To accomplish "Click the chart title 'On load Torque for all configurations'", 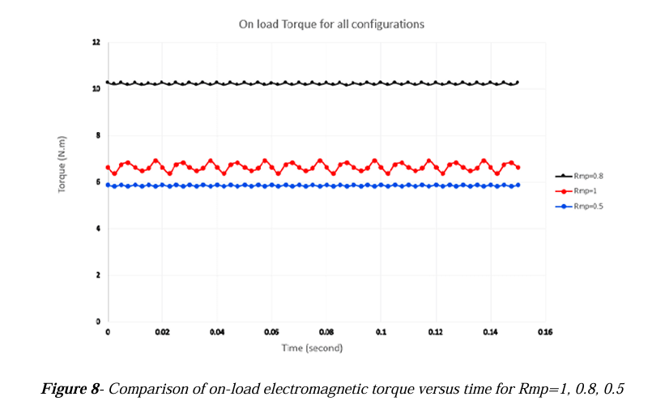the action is point(331,24).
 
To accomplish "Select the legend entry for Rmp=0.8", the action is point(579,176).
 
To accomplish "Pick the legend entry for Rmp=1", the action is point(576,191).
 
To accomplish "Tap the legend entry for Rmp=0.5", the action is point(579,207).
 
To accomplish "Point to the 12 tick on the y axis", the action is point(96,42).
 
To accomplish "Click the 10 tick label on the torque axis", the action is point(96,89).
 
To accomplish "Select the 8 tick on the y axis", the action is point(98,135).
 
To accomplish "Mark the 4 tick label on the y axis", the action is point(98,228).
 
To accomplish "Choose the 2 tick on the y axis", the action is point(98,275).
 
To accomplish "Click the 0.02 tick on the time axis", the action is point(162,332).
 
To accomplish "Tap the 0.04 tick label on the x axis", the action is point(217,332).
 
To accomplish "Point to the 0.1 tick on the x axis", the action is point(381,332).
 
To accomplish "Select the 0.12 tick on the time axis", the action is point(436,332).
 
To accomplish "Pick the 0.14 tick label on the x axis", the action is point(490,332).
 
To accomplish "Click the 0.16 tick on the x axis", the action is point(545,332).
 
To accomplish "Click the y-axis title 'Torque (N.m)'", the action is point(62,164).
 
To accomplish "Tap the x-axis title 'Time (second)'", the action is point(312,348).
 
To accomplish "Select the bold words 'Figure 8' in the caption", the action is point(70,389).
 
